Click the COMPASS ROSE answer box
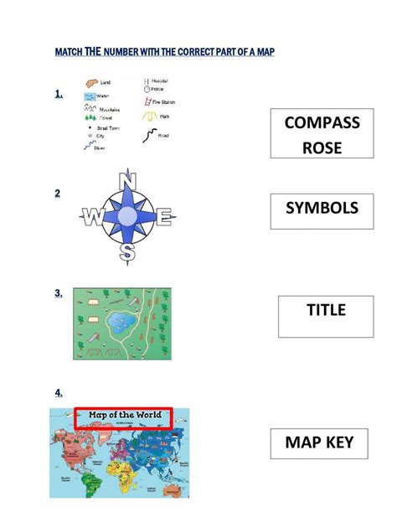point(322,133)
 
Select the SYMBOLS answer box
point(322,210)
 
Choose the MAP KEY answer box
point(319,443)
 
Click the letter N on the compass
point(128,182)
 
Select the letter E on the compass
point(164,219)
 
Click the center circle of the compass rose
point(127,217)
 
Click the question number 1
point(59,94)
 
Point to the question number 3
point(59,293)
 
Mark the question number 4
point(59,392)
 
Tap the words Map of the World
point(123,416)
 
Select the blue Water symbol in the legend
point(89,96)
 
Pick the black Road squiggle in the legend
point(149,134)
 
